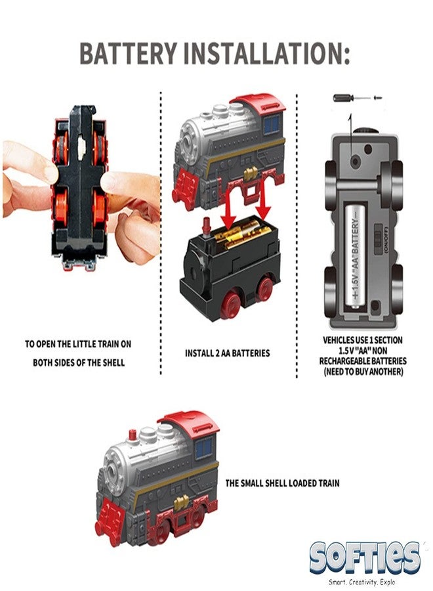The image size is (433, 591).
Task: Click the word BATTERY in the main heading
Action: coord(128,54)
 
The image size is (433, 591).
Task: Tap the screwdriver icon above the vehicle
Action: coord(358,98)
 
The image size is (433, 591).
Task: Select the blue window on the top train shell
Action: coord(272,125)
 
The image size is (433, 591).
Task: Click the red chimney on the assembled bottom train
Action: coord(133,435)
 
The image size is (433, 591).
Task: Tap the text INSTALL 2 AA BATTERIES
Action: coord(228,353)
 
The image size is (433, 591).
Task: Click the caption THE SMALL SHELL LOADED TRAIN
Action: coord(282,483)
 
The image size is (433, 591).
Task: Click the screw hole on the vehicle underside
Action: coord(354,162)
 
